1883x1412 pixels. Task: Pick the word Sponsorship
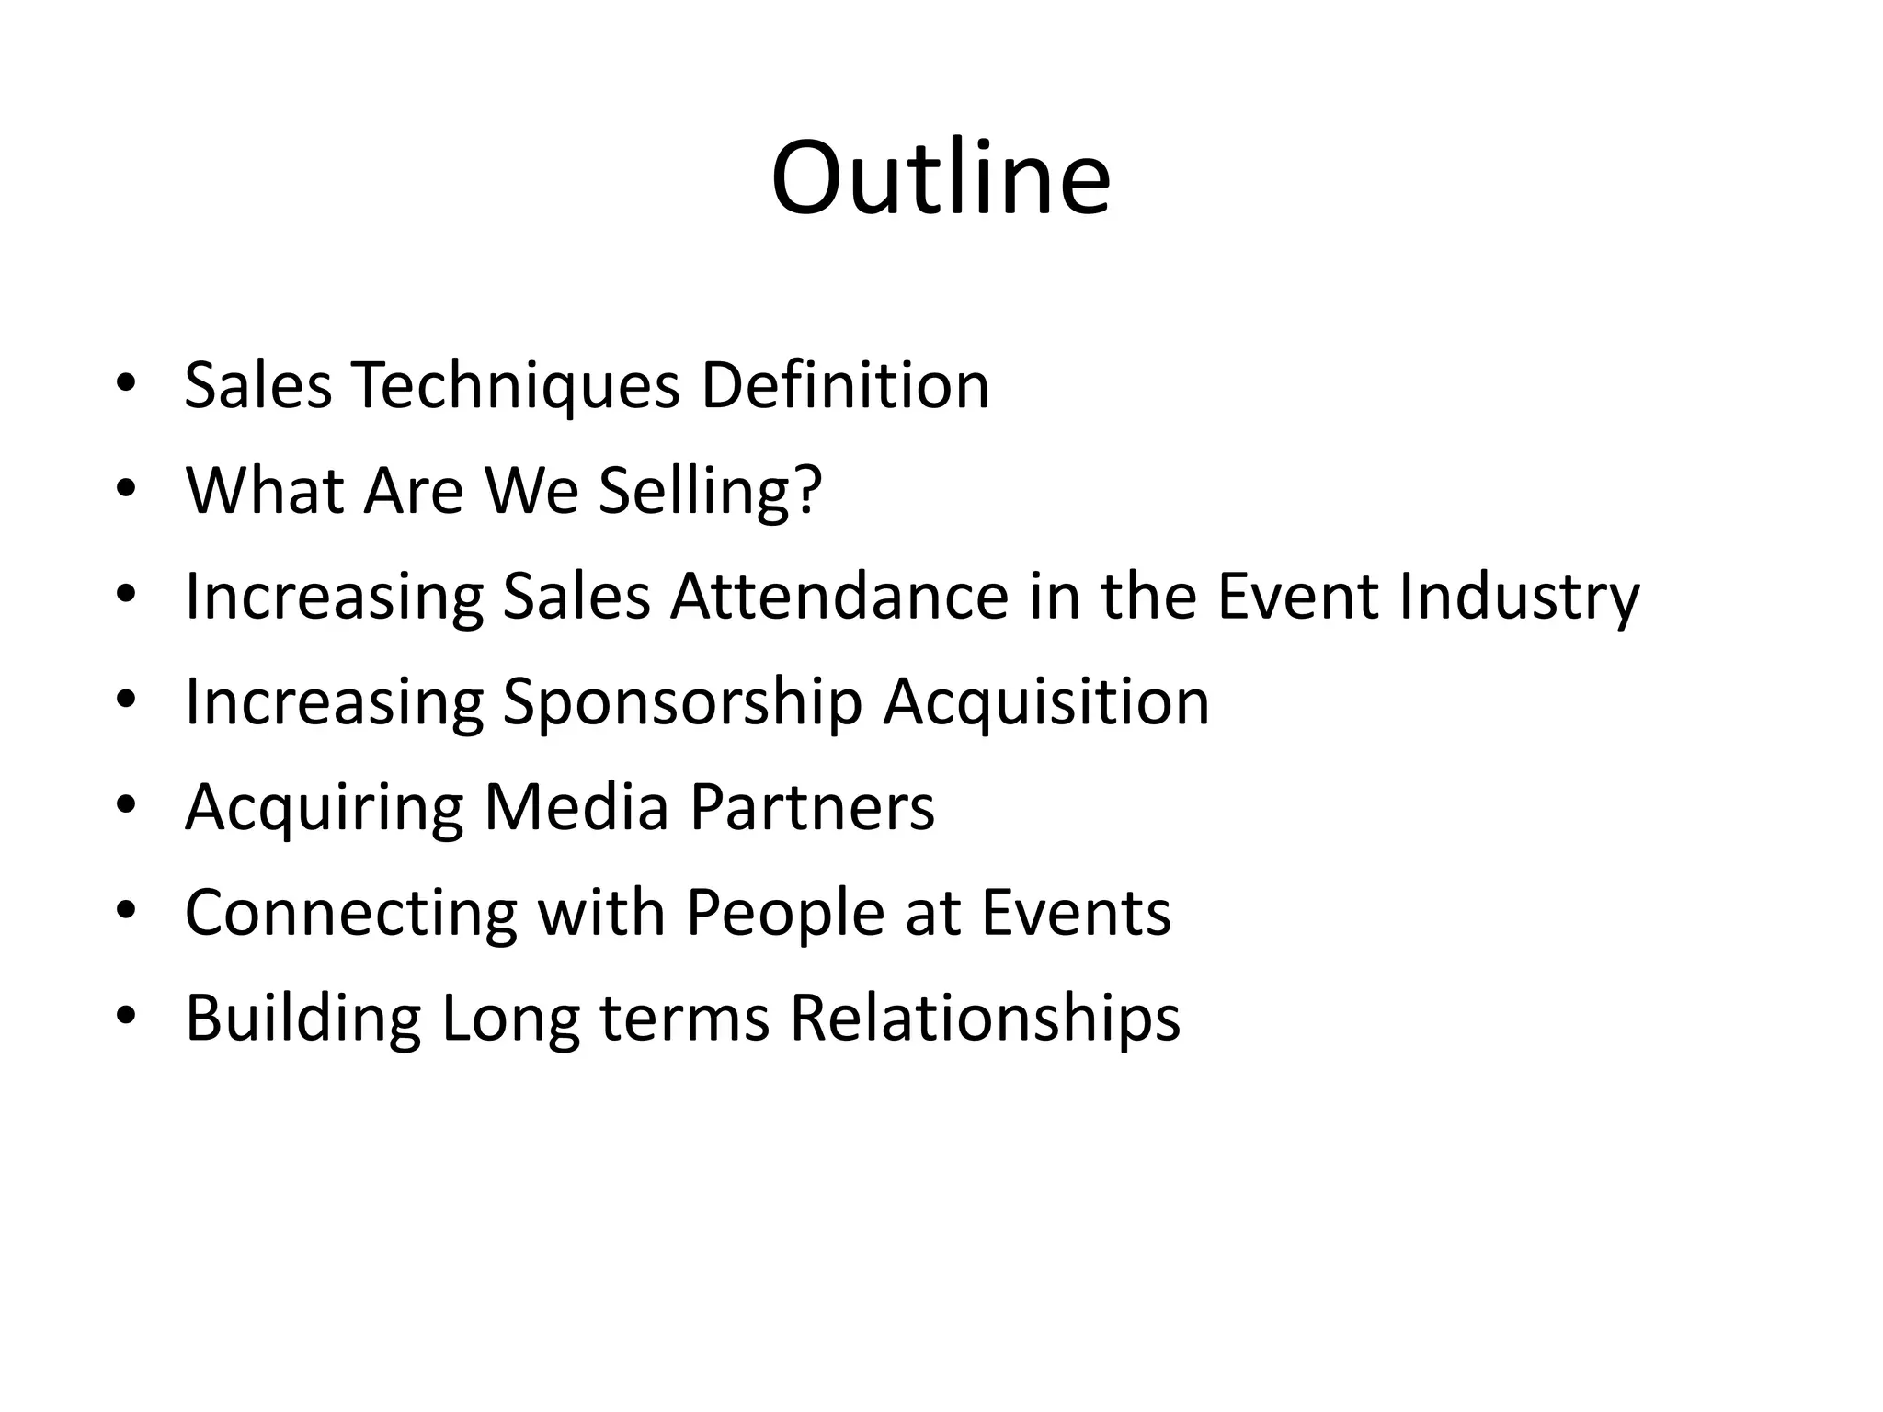[x=681, y=703]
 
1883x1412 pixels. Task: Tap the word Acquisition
[x=1045, y=703]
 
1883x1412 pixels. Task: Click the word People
[x=784, y=914]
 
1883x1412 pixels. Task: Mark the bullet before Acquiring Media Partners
[x=126, y=807]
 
